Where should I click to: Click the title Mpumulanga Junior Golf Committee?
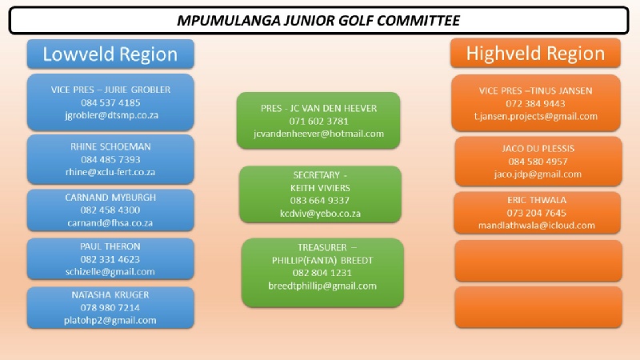(x=318, y=21)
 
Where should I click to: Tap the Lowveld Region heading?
(x=110, y=54)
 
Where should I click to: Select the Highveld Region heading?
(x=535, y=54)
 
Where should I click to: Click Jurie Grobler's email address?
(x=111, y=115)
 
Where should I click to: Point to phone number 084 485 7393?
(x=110, y=159)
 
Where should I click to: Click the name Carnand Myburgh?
(x=110, y=198)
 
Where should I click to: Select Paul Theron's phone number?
(x=110, y=259)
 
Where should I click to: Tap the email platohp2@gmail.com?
(x=110, y=321)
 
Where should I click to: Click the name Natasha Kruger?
(x=110, y=294)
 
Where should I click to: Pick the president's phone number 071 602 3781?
(x=318, y=122)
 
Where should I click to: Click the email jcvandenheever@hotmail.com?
(x=318, y=134)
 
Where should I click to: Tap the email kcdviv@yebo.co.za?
(x=321, y=214)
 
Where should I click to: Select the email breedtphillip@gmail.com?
(x=322, y=286)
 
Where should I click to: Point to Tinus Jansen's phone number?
(x=535, y=104)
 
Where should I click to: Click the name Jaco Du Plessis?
(x=538, y=149)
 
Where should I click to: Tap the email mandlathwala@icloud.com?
(x=537, y=226)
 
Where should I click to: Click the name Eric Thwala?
(x=537, y=200)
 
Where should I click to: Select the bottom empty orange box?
(x=538, y=307)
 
